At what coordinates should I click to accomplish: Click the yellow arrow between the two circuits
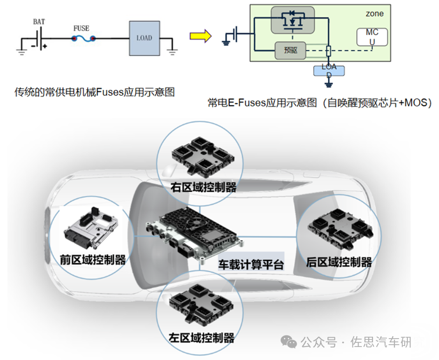(200, 36)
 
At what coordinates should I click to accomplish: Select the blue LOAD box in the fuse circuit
(144, 38)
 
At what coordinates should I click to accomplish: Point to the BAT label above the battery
(39, 21)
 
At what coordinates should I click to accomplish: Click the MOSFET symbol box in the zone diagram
(292, 20)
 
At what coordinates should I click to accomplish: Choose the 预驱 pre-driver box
(290, 50)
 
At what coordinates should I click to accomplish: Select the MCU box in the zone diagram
(372, 37)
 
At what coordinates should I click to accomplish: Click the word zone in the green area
(374, 13)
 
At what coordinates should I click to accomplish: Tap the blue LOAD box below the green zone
(329, 71)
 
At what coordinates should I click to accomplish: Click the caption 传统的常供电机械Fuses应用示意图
(94, 92)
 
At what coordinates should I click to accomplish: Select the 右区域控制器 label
(204, 187)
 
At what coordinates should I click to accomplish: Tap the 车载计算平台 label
(251, 265)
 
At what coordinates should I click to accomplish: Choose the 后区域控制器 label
(339, 262)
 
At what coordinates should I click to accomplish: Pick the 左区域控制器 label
(201, 337)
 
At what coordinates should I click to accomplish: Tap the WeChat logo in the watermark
(291, 343)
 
